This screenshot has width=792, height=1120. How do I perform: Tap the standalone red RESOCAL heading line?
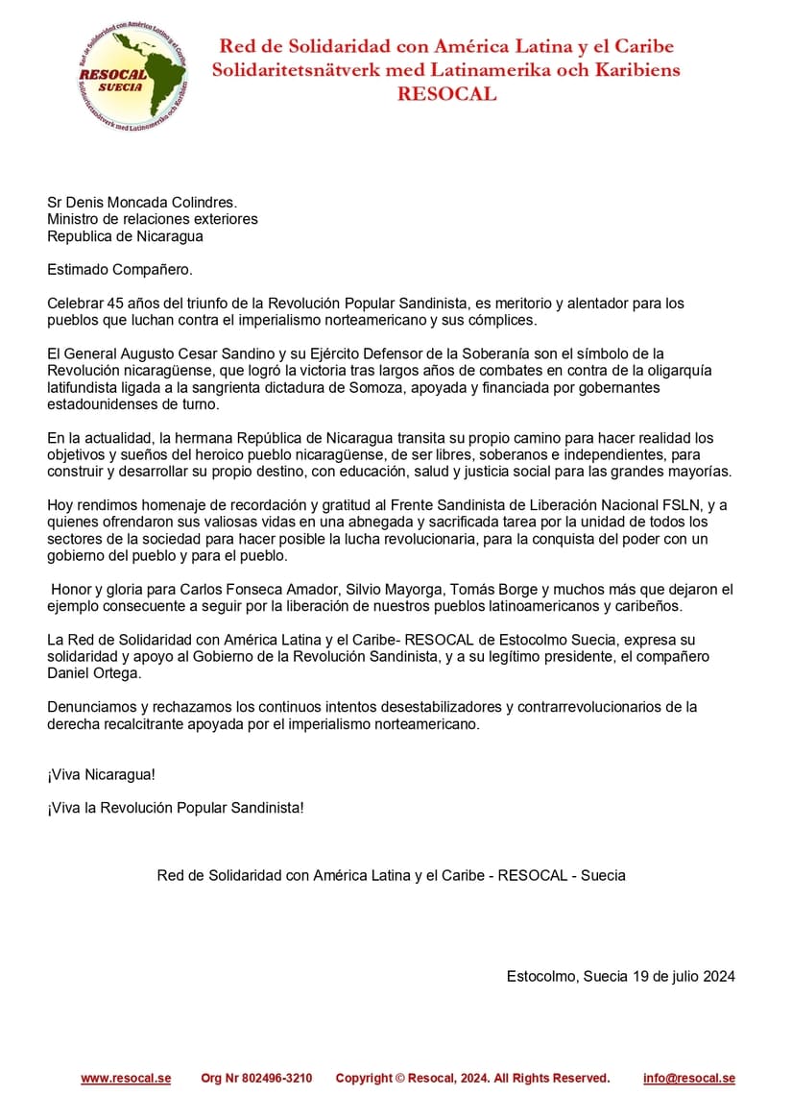[446, 94]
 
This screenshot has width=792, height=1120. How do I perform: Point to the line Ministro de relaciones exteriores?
[153, 219]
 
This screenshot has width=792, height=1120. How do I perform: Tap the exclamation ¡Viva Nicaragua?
[101, 774]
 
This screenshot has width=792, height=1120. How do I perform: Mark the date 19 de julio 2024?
[684, 977]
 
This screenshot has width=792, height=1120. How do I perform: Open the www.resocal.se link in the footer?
[126, 1079]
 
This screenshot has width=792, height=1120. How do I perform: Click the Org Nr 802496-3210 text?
[256, 1079]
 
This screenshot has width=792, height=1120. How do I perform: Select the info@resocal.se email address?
[689, 1079]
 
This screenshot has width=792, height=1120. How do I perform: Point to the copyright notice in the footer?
[472, 1079]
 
